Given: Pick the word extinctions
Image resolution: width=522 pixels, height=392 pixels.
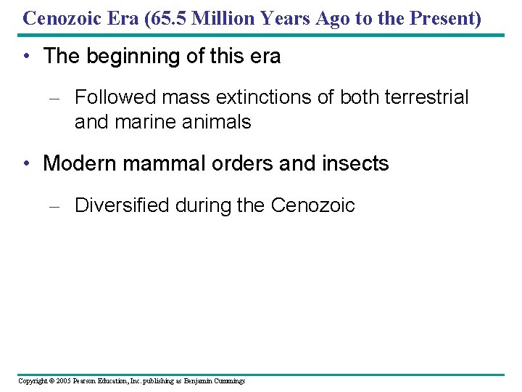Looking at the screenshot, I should [283, 97].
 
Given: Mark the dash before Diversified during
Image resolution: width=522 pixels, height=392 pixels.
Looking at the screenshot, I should [53, 206].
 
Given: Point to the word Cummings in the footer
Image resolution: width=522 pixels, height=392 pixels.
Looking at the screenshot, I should [228, 380].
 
